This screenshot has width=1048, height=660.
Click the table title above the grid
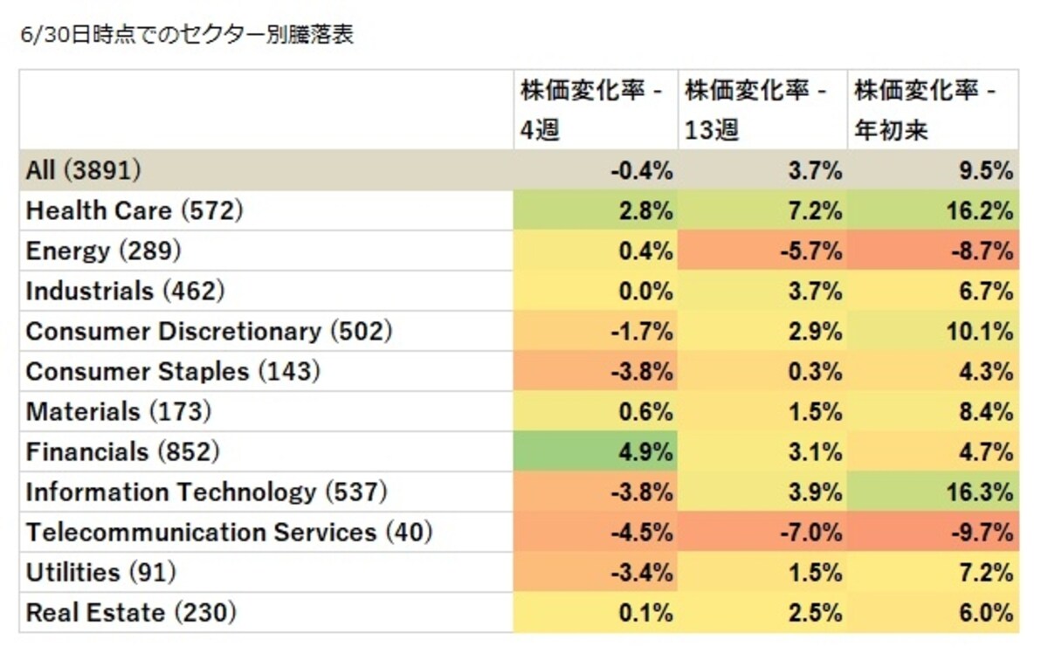point(187,35)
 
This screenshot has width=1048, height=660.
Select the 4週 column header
point(592,109)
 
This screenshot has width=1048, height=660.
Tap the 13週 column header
point(756,109)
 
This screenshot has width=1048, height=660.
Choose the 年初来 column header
point(926,109)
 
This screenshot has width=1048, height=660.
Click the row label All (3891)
point(83,169)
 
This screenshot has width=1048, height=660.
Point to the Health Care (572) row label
point(134,210)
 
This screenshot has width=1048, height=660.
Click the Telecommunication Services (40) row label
point(229,532)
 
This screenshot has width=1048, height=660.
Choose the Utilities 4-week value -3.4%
point(642,573)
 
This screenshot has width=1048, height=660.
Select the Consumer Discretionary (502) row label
point(209,331)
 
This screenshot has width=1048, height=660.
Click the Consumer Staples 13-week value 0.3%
point(816,372)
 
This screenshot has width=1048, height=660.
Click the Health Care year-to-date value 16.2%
point(980,211)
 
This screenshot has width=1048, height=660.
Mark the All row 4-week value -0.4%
point(642,171)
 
